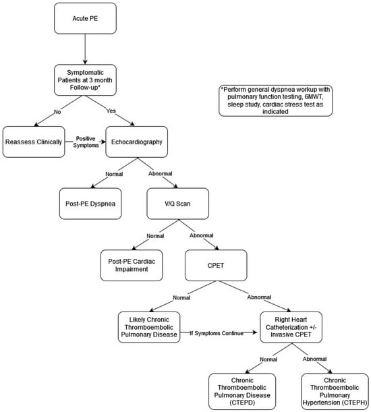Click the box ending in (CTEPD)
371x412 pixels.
click(x=242, y=392)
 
